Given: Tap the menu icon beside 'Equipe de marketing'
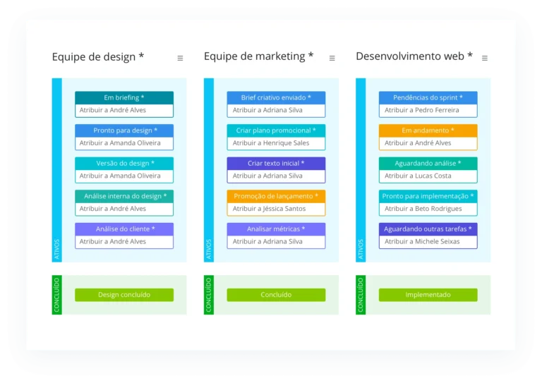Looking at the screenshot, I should tap(332, 58).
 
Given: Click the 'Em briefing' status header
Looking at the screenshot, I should tap(124, 97).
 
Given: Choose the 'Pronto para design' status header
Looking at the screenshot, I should tap(124, 130).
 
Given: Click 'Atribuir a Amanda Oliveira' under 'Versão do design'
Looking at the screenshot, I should tap(124, 176).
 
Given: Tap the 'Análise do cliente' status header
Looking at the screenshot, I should tap(124, 229).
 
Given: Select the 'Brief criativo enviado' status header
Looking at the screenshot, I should tap(276, 97).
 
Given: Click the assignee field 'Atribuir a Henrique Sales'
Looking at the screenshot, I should tap(276, 143).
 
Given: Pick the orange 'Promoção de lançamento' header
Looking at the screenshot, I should tap(276, 196).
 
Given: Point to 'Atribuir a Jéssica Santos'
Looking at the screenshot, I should tap(276, 209).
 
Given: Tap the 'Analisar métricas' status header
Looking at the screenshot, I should tap(276, 229).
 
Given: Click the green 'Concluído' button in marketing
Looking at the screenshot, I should tap(276, 295).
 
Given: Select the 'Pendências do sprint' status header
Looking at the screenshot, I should tap(428, 97).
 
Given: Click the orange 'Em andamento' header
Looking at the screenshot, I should tap(428, 130).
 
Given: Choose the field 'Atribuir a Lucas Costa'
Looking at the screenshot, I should tap(428, 176).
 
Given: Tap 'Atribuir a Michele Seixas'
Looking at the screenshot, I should tap(428, 241).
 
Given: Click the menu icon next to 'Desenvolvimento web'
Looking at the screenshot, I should tap(484, 58).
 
